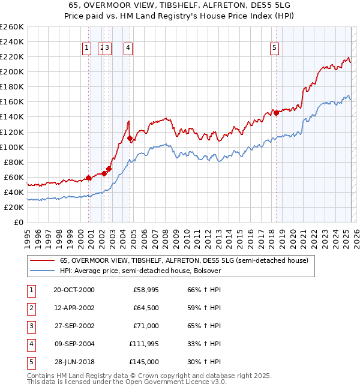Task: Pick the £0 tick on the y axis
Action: (x=19, y=222)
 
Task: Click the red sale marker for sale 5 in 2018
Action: (x=276, y=113)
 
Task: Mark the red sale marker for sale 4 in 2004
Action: (x=130, y=138)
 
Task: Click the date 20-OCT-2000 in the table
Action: (x=74, y=290)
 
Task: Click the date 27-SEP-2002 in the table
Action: (x=74, y=326)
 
